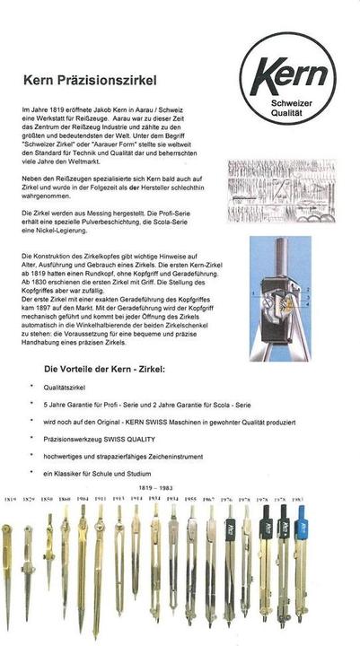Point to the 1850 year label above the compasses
pos(48,499)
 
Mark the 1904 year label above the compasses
pos(82,499)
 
